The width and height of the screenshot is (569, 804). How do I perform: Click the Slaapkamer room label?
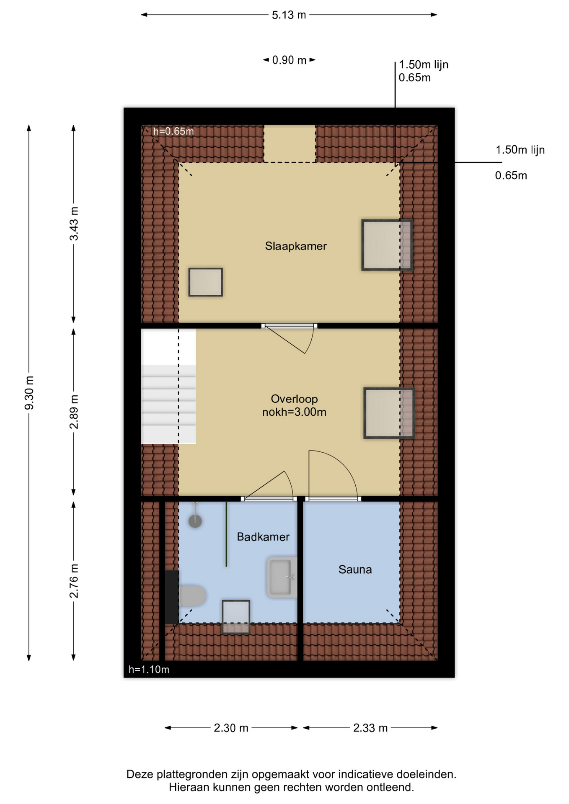pyautogui.click(x=295, y=246)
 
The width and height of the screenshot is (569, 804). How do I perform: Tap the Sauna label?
pyautogui.click(x=355, y=569)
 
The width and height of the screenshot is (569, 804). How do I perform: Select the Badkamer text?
pyautogui.click(x=263, y=537)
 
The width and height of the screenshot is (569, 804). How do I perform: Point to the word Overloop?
pyautogui.click(x=294, y=399)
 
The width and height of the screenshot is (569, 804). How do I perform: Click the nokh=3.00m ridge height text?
pyautogui.click(x=294, y=412)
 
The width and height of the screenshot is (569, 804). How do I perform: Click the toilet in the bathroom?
pyautogui.click(x=192, y=595)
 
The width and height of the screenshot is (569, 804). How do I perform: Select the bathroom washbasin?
pyautogui.click(x=282, y=577)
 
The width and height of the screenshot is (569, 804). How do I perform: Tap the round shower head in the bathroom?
pyautogui.click(x=195, y=521)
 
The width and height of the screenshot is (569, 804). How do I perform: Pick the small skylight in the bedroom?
pyautogui.click(x=205, y=282)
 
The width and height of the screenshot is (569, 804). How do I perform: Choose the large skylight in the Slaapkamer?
pyautogui.click(x=387, y=245)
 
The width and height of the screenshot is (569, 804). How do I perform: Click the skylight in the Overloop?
pyautogui.click(x=389, y=413)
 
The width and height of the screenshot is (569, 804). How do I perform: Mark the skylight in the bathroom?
pyautogui.click(x=236, y=617)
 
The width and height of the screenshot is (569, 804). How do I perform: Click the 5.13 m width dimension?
pyautogui.click(x=289, y=15)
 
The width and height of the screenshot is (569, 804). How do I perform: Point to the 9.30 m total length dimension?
pyautogui.click(x=29, y=393)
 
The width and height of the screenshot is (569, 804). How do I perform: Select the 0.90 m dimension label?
pyautogui.click(x=289, y=60)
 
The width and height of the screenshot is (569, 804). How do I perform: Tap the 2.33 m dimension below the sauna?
pyautogui.click(x=370, y=728)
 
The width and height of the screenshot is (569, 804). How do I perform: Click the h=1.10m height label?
pyautogui.click(x=149, y=670)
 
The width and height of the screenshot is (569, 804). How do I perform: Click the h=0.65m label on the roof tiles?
pyautogui.click(x=173, y=131)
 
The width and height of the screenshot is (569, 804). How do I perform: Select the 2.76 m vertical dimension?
pyautogui.click(x=74, y=581)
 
